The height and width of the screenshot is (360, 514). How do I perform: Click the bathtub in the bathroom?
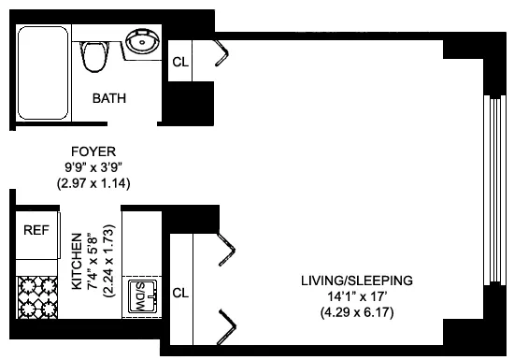[x=41, y=71]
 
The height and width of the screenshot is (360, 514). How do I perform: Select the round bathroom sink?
[x=143, y=43]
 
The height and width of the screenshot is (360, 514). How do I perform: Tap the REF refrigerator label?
[x=36, y=230]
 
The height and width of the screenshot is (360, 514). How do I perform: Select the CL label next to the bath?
[x=179, y=63]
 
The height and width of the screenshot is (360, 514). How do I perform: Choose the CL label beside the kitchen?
[x=181, y=292]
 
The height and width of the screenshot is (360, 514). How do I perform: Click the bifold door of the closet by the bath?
[x=222, y=53]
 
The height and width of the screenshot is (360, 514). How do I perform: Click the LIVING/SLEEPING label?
[x=356, y=281]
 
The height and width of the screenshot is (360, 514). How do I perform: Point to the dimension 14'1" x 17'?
[x=356, y=296]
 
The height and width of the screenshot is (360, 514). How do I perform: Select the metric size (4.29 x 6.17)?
[x=356, y=312]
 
